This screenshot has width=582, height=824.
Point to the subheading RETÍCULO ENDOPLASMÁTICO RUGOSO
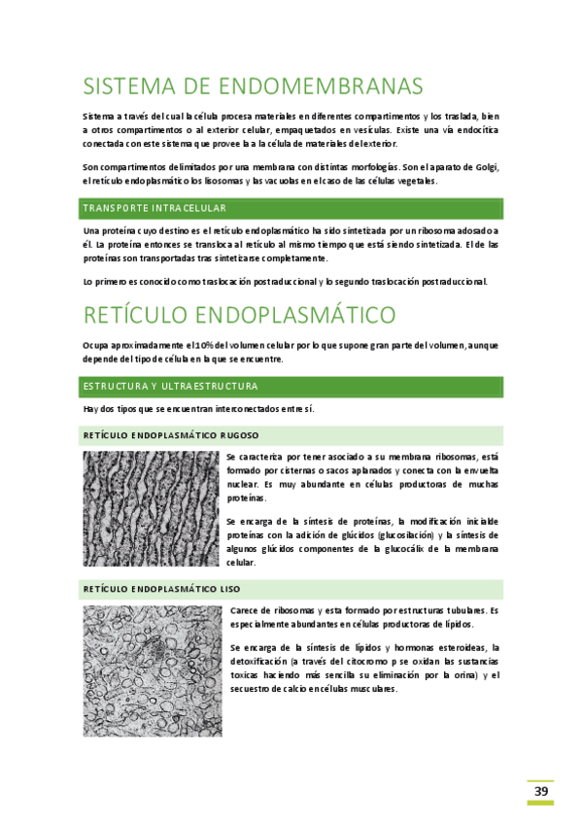click(x=171, y=434)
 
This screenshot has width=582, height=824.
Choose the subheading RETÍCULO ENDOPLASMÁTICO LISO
click(x=161, y=589)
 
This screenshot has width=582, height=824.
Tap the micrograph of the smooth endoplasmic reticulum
click(x=151, y=670)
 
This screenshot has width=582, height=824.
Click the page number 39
click(x=540, y=792)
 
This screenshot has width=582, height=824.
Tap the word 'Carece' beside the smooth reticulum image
click(x=244, y=610)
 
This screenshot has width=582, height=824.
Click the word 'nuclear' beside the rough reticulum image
click(x=243, y=484)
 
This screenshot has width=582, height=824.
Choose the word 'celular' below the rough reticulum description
click(x=241, y=563)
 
